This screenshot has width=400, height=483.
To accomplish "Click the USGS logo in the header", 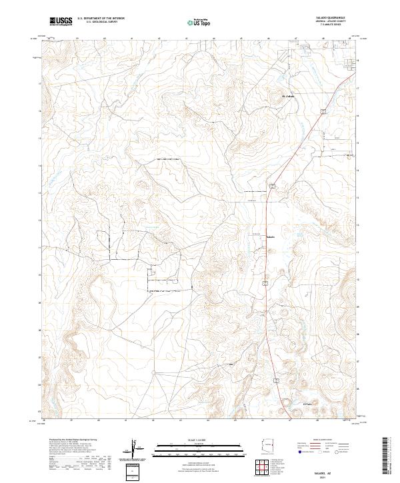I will pos(61,21).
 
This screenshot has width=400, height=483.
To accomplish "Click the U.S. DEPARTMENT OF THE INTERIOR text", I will pos(101,18).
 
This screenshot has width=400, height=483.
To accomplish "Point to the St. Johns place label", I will pos(289,95).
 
